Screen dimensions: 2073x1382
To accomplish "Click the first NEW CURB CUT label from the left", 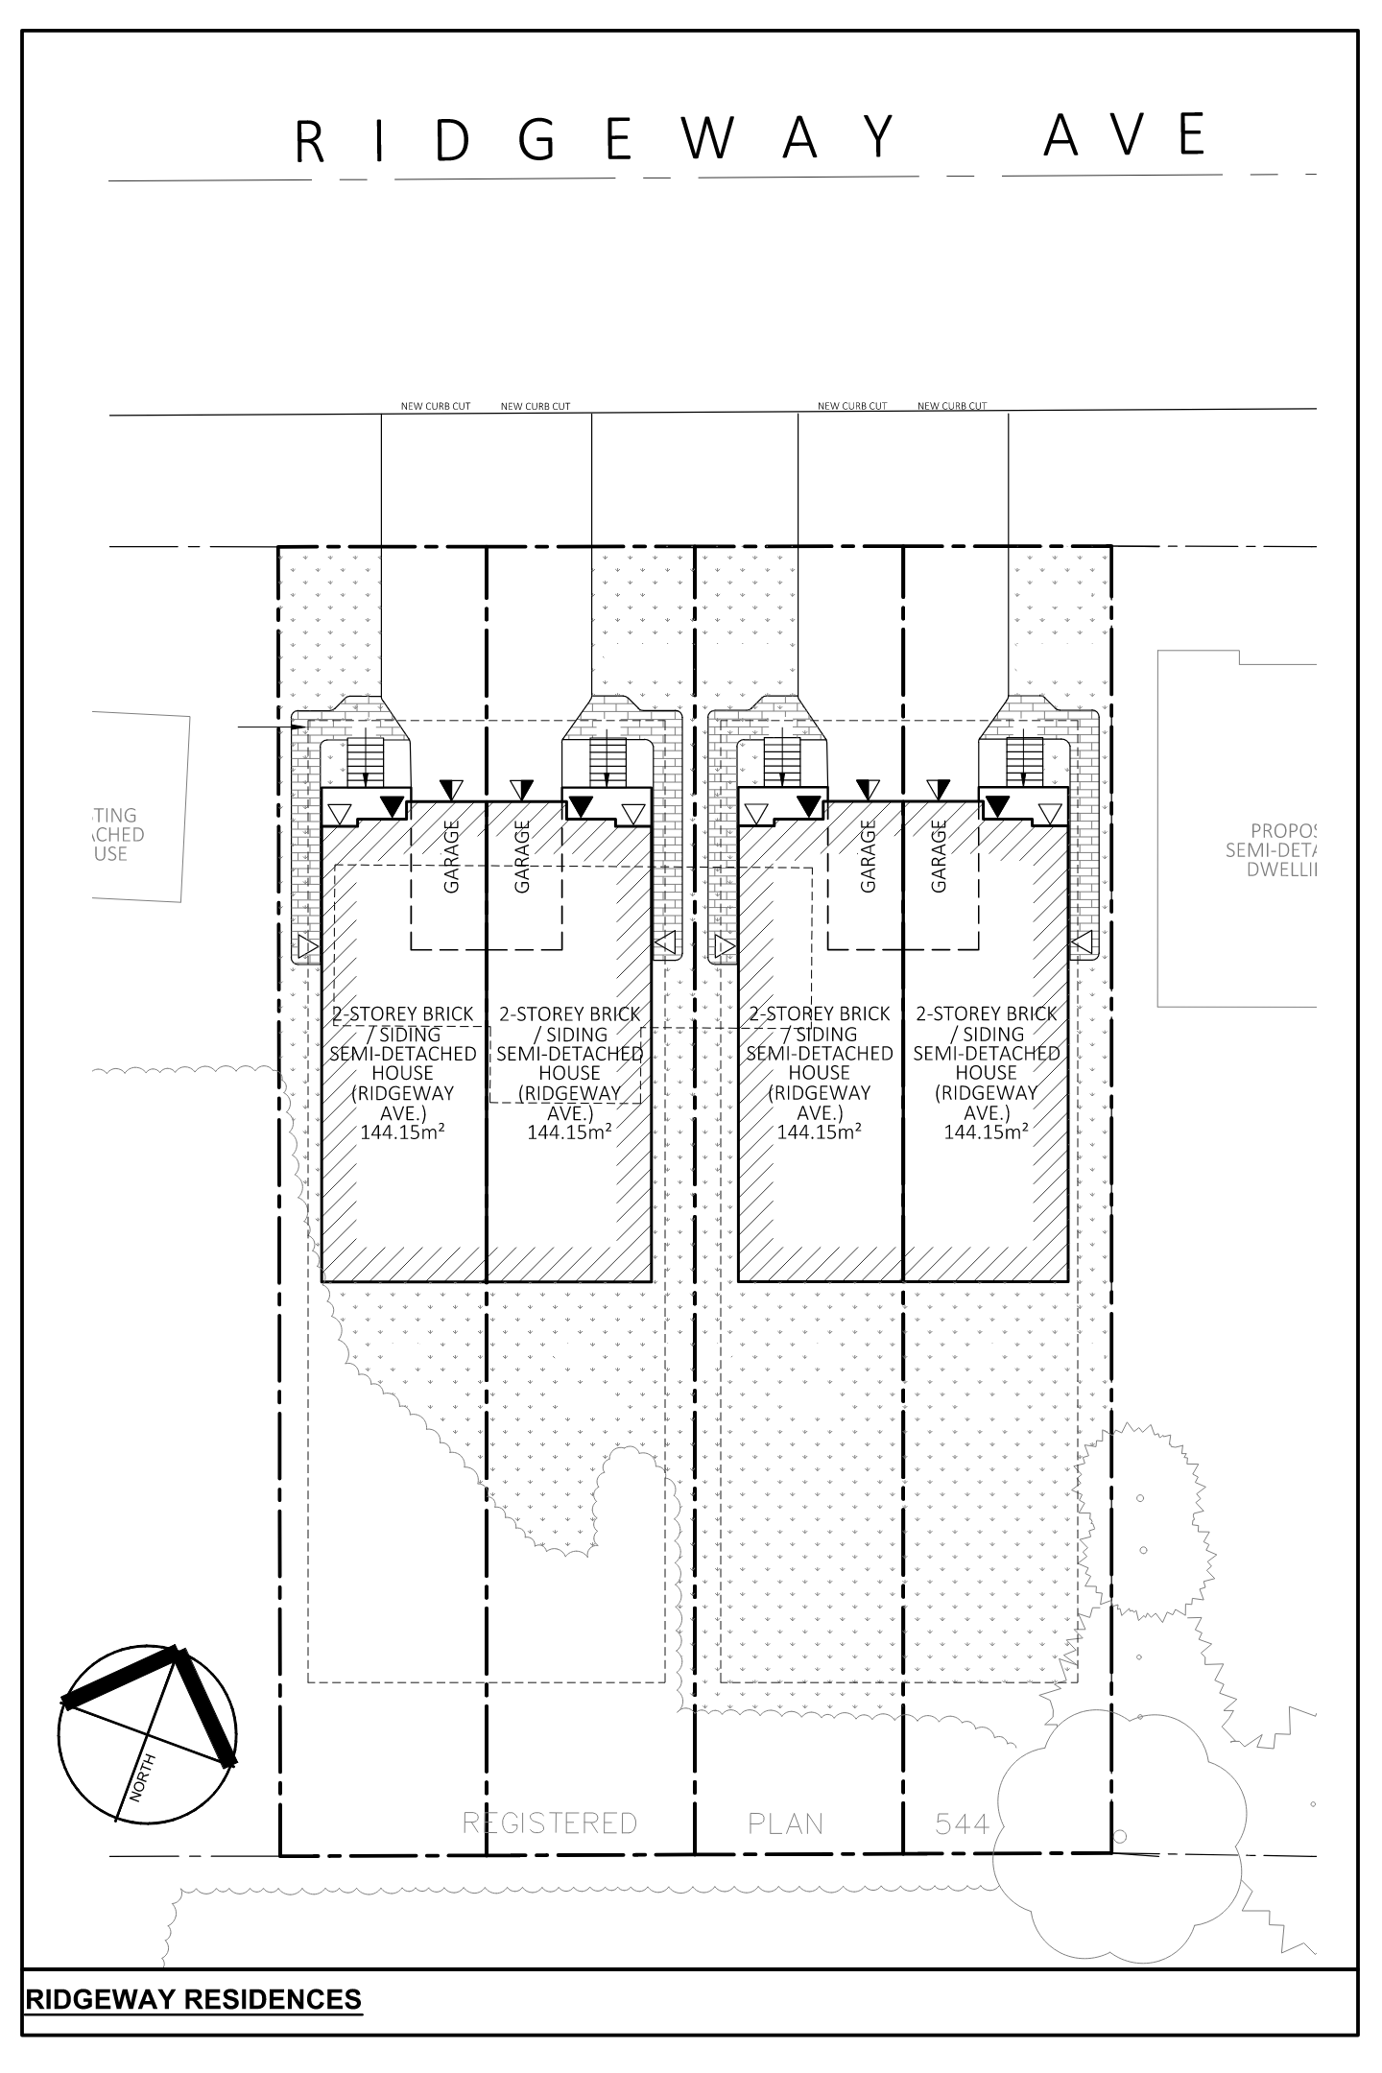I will click(x=435, y=406).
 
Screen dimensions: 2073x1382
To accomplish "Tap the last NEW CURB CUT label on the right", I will click(x=951, y=406).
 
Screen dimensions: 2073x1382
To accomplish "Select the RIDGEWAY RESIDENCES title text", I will click(x=194, y=1999).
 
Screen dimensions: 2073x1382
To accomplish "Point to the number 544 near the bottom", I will click(x=962, y=1823).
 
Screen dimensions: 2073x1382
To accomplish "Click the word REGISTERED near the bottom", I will click(x=549, y=1823).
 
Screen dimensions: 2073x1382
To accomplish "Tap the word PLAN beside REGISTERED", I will click(x=785, y=1823).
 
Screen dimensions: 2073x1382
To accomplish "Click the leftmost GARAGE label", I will click(x=451, y=856).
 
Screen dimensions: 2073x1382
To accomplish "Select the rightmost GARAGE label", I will click(x=939, y=856).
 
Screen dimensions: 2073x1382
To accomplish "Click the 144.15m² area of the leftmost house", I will click(x=402, y=1132).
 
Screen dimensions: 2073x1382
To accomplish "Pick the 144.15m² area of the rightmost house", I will click(x=986, y=1132).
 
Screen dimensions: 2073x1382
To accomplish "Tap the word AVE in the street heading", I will click(x=1125, y=135).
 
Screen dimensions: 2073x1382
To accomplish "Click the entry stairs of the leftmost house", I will click(x=364, y=760).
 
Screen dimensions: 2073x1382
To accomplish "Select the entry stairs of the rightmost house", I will click(x=1024, y=760).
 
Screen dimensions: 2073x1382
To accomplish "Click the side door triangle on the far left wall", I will click(x=307, y=948).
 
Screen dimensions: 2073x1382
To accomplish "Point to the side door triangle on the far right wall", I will click(x=1082, y=946).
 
